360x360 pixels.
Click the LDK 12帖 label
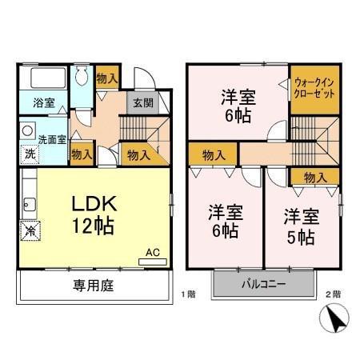pos(94,213)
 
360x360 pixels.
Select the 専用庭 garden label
pos(94,286)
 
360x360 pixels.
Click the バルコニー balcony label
pos(262,283)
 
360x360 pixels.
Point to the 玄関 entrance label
pos(142,102)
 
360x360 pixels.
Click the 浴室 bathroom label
pos(43,102)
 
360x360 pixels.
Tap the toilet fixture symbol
pos(82,78)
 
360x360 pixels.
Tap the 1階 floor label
pos(188,295)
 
